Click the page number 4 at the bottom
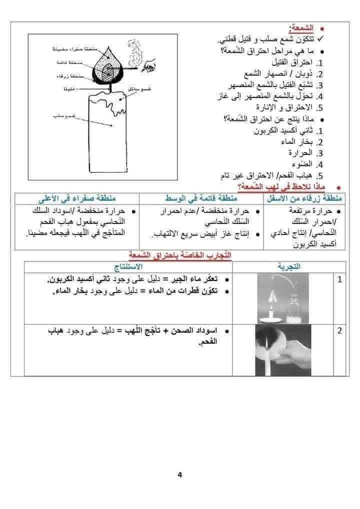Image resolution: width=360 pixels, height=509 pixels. coord(179,474)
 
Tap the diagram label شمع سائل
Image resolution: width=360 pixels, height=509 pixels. coord(137,88)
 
